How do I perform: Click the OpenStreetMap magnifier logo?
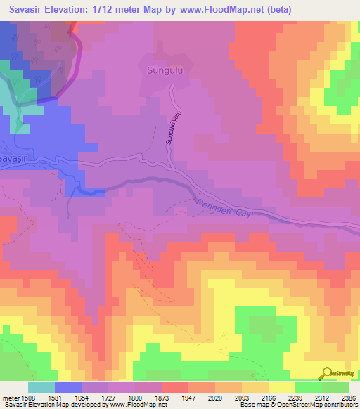pyautogui.click(x=328, y=373)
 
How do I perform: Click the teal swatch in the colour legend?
pyautogui.click(x=41, y=387)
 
